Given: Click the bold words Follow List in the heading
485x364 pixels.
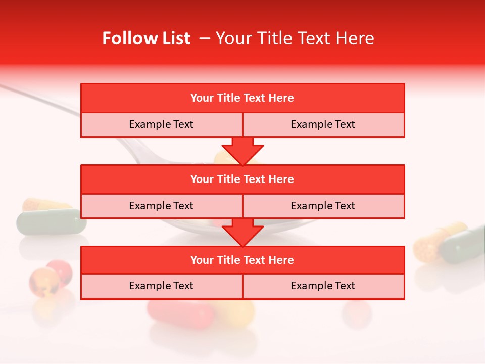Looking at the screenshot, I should (x=146, y=38).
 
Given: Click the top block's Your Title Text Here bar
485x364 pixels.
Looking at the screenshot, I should (x=243, y=98).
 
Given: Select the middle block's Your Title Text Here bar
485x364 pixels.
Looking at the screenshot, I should (x=243, y=179).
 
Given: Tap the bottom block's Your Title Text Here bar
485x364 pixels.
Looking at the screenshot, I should (x=243, y=260).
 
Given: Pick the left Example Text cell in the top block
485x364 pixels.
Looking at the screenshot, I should (x=161, y=124).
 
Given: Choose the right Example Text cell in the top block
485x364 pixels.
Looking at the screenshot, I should (x=323, y=124).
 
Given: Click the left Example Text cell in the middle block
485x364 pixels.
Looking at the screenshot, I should (x=161, y=206).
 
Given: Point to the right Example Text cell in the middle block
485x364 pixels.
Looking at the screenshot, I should (x=323, y=206).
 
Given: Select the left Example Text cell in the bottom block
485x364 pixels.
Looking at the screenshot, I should (x=161, y=286).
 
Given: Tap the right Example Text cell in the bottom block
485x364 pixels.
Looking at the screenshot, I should (x=323, y=286).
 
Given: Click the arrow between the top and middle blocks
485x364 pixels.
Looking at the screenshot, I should (x=243, y=151).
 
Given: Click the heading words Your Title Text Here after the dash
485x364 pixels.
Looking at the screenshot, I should (x=295, y=38).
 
